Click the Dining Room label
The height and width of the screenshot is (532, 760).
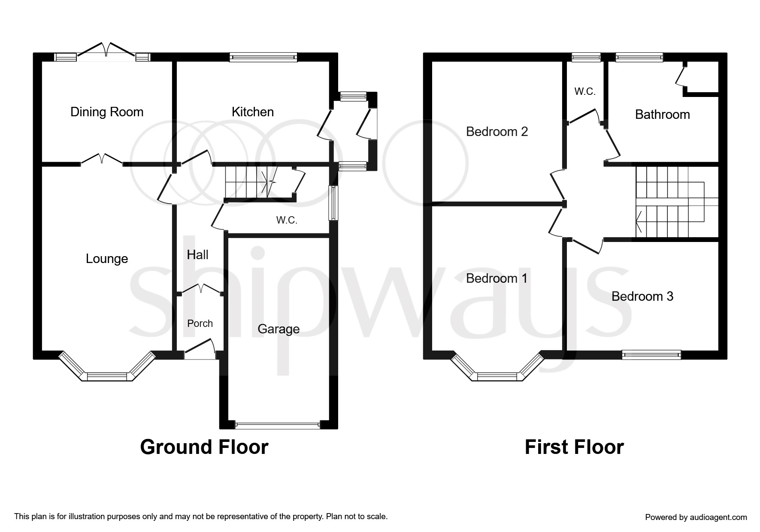(107, 112)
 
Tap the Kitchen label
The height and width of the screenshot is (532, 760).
(253, 112)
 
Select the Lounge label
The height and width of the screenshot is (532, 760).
(107, 259)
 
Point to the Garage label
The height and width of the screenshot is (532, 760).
(279, 329)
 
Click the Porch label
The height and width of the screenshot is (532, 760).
(200, 323)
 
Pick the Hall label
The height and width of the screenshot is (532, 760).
(198, 255)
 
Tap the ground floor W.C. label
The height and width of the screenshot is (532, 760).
(287, 220)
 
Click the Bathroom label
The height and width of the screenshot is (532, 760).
(663, 115)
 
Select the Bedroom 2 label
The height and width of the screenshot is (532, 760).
(497, 132)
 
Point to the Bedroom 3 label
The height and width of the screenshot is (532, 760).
(642, 296)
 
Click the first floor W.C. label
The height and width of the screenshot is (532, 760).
(585, 91)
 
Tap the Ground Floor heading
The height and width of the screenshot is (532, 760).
(204, 447)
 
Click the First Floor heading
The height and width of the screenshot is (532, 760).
(574, 447)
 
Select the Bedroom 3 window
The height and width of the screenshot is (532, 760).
(652, 355)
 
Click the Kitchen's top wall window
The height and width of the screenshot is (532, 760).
(263, 57)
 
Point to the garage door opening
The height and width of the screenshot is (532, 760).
(278, 425)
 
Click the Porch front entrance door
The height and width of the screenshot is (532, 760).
(200, 348)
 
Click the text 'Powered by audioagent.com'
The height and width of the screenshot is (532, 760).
(696, 517)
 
